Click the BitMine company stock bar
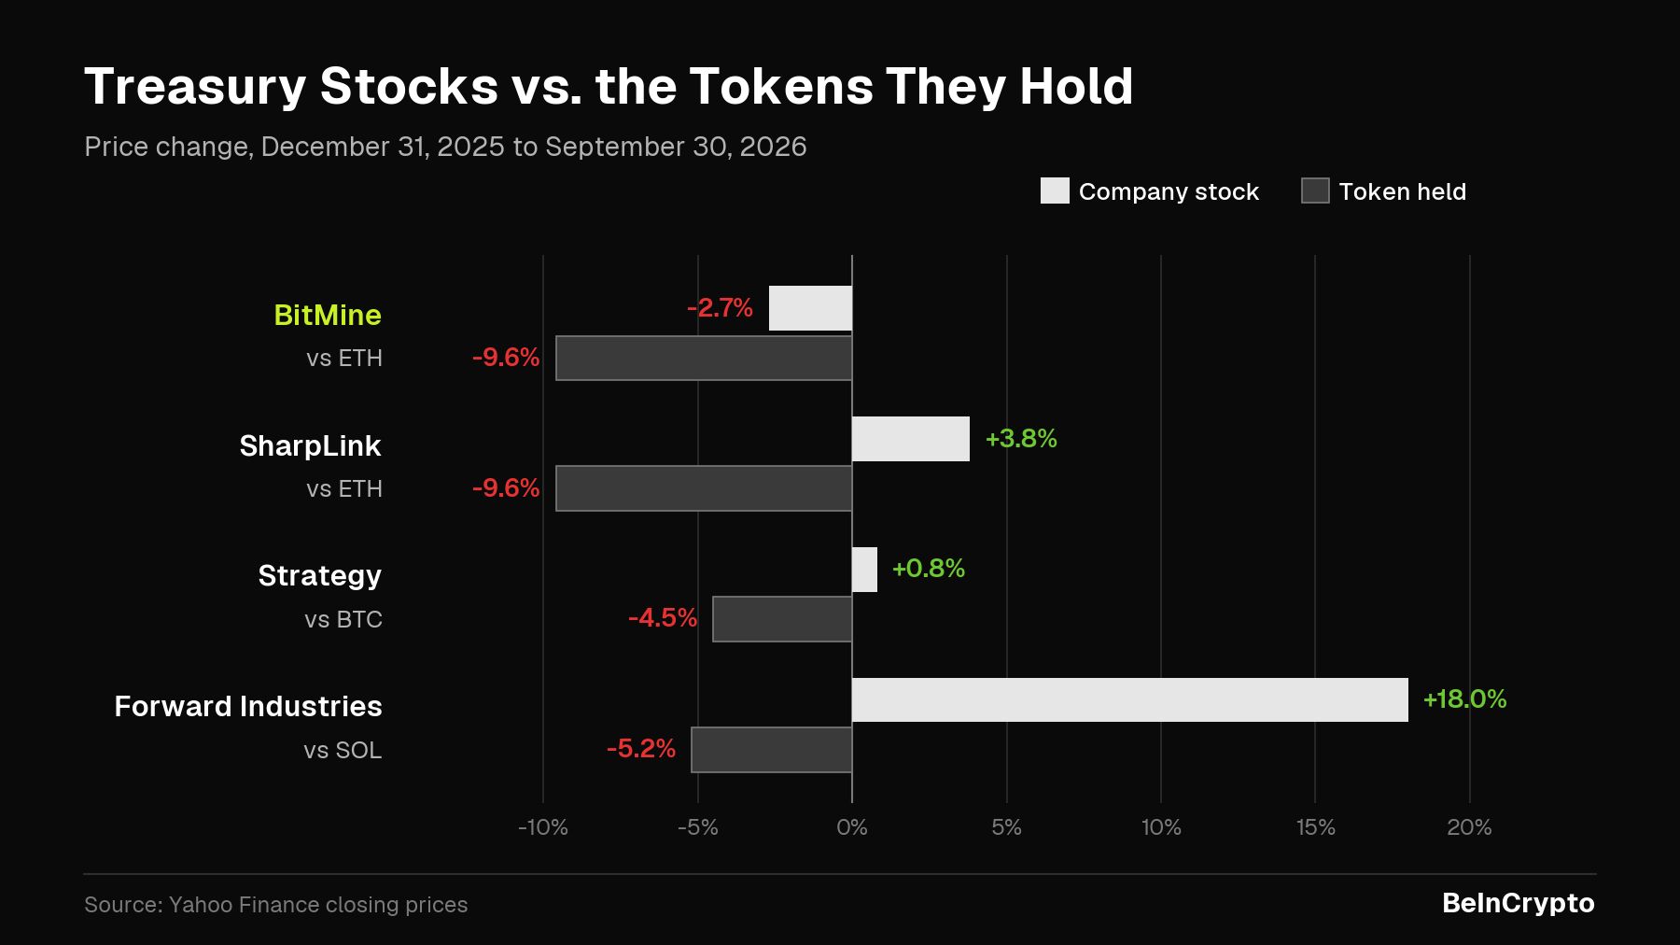click(x=810, y=308)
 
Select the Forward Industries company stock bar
click(x=1130, y=699)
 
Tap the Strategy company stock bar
click(x=865, y=570)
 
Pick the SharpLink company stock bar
click(x=911, y=439)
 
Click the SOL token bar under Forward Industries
click(x=772, y=750)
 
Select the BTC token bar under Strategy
click(x=782, y=619)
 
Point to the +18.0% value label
click(x=1464, y=699)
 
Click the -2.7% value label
click(x=720, y=308)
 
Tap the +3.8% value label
click(x=1021, y=439)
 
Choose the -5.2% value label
click(x=641, y=749)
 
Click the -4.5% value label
click(x=663, y=618)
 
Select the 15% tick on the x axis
click(x=1315, y=827)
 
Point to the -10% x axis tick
click(x=543, y=827)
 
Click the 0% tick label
click(x=852, y=827)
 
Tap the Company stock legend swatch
click(x=1055, y=190)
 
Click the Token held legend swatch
click(x=1315, y=190)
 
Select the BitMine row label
click(x=328, y=315)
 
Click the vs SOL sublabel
click(x=343, y=750)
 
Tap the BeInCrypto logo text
click(x=1519, y=904)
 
